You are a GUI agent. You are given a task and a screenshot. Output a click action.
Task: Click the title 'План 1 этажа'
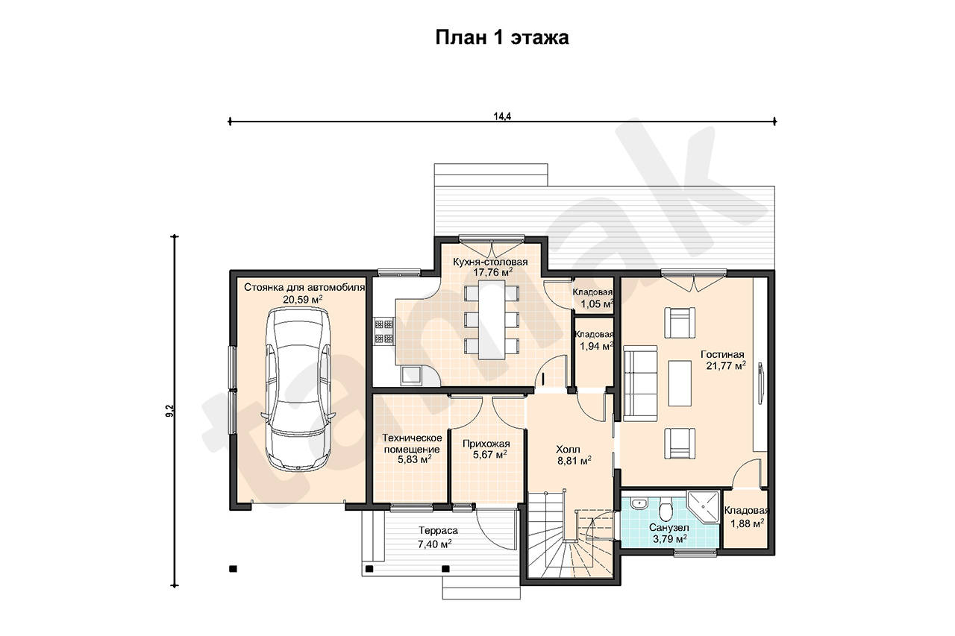coord(502,37)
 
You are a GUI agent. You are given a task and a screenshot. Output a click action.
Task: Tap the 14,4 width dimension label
coord(502,116)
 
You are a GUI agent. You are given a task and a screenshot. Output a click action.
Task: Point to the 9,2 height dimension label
coord(169,411)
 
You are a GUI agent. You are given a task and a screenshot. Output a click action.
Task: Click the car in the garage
coord(298,390)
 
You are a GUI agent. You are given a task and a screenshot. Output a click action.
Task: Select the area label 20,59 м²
coord(303,300)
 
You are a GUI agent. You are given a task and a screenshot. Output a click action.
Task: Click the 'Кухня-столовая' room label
coord(490,262)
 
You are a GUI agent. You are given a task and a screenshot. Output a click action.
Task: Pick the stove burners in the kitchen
coord(383,332)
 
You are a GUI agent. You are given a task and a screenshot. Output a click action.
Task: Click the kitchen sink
coord(411,376)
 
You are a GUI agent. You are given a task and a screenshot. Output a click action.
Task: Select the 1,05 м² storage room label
coord(597,303)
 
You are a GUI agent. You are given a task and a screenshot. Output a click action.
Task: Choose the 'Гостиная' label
coord(722,354)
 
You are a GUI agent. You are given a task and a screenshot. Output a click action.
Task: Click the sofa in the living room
coord(640,383)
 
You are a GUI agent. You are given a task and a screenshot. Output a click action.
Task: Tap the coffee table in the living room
coord(680,383)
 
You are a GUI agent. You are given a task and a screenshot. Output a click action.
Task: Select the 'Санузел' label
coord(669,527)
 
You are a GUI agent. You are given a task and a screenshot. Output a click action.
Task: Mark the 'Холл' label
coord(568,449)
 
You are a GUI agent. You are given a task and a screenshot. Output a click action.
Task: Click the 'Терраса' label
coord(438,530)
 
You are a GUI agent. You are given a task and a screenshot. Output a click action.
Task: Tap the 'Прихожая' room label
coord(486,444)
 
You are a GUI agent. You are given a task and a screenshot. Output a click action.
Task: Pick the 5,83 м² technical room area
coord(414,459)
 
